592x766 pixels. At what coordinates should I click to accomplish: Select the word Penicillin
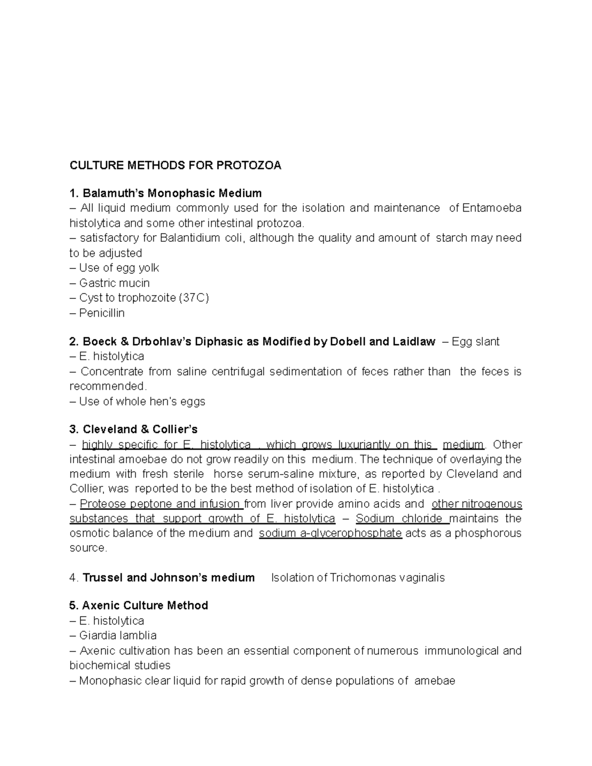pos(102,313)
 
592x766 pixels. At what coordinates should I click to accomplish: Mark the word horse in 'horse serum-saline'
pos(231,474)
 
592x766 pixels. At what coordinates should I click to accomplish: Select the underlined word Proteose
pos(101,504)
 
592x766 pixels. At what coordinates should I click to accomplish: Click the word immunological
pos(461,651)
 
